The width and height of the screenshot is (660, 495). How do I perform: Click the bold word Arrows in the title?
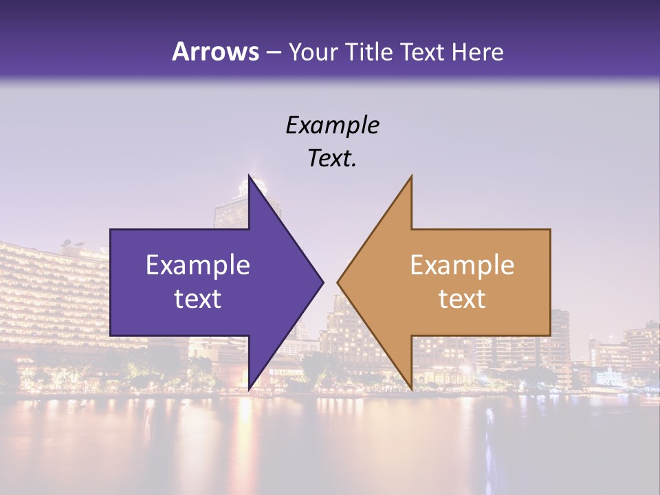[215, 52]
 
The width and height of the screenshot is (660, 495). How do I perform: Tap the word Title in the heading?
[369, 52]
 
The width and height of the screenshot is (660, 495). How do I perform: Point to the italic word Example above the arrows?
[332, 125]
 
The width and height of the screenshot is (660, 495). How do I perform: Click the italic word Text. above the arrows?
[332, 159]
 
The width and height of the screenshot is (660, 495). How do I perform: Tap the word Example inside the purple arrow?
[198, 265]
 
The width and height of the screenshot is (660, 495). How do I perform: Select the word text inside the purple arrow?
[198, 299]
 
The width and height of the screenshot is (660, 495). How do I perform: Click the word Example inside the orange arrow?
[462, 265]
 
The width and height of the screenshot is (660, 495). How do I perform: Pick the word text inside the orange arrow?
[462, 299]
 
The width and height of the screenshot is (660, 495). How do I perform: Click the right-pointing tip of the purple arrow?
[323, 282]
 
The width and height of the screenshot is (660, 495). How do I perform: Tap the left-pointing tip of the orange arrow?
[338, 282]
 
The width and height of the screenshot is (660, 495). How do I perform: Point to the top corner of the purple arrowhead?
[249, 176]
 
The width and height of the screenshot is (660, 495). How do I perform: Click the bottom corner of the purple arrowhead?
[249, 389]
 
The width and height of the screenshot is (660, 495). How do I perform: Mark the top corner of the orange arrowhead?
[411, 176]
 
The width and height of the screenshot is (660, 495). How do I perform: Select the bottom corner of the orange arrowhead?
[411, 389]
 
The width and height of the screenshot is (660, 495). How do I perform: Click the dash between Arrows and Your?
[273, 53]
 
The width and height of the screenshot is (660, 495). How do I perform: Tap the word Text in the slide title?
[423, 52]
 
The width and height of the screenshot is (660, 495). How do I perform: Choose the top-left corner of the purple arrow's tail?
[111, 230]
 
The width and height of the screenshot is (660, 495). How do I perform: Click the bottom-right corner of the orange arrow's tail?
[550, 335]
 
